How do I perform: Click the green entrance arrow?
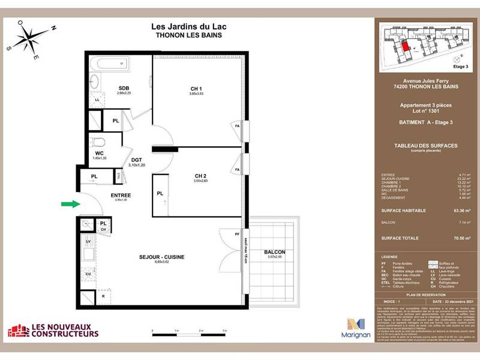(70, 205)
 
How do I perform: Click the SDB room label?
(124, 88)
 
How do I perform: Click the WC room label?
(99, 153)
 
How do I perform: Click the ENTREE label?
(121, 195)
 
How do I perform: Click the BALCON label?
(274, 252)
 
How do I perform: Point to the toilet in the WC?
(100, 142)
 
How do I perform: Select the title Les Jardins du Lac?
(188, 26)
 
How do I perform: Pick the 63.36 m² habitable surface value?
(460, 211)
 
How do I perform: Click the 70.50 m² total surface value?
(460, 238)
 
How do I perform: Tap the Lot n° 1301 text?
(425, 110)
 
